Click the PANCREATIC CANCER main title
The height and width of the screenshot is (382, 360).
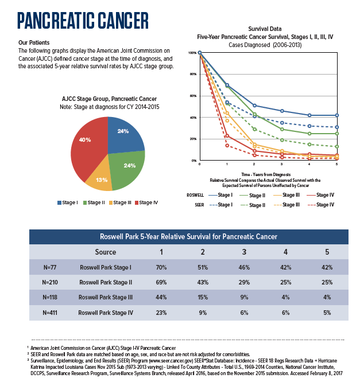coord(83,20)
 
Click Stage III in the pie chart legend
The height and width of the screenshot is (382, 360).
coord(122,202)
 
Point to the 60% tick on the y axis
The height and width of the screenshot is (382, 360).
coord(192,96)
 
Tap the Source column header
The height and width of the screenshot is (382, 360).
coord(106,252)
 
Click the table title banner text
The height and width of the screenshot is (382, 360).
coord(188,236)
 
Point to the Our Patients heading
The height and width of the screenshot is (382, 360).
coord(34,43)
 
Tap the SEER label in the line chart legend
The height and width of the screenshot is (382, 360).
coord(199,204)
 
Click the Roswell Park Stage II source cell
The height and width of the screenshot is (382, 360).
coord(106,283)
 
